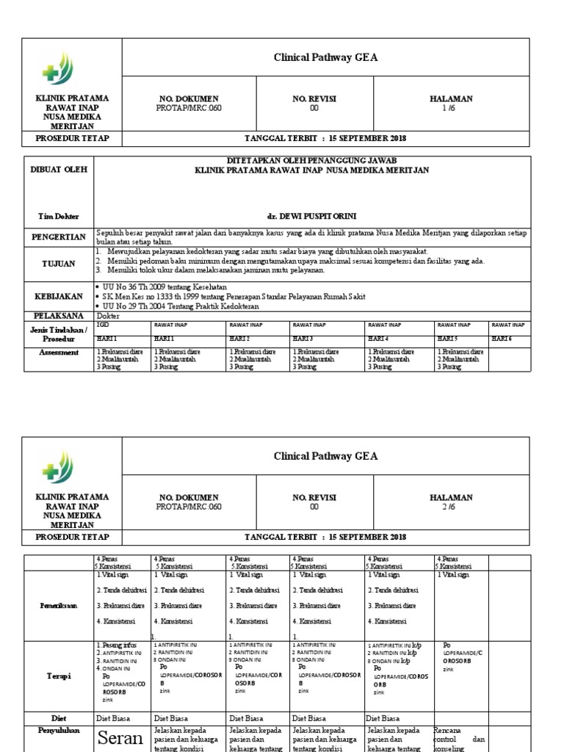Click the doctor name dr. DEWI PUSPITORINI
click(x=312, y=217)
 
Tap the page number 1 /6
click(x=450, y=108)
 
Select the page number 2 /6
click(x=450, y=507)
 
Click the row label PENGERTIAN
click(x=59, y=237)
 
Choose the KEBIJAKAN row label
click(x=59, y=295)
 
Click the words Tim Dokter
click(x=59, y=217)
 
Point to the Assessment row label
click(x=59, y=352)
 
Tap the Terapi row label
click(x=60, y=676)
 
